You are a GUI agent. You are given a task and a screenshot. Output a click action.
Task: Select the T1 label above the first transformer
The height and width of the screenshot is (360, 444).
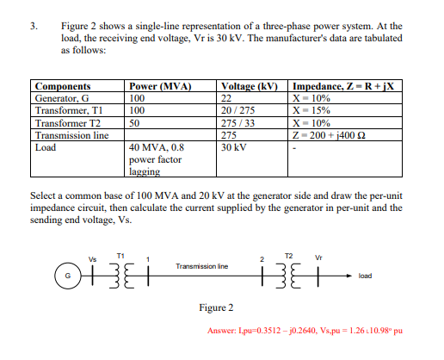(x=120, y=256)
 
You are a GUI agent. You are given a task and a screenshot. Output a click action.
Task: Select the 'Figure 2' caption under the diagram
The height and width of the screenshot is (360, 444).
(x=215, y=307)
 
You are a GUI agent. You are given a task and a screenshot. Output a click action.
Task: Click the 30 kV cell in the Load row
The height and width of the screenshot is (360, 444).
(x=234, y=146)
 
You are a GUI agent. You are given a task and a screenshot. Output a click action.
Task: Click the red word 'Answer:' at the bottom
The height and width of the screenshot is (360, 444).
(x=225, y=331)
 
